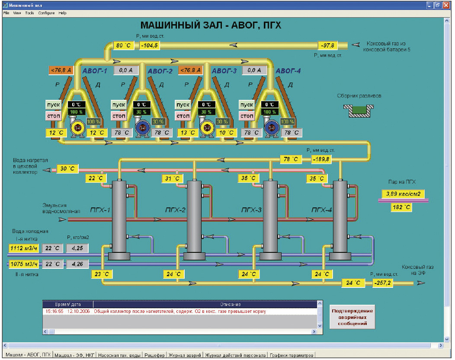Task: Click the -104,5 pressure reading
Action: pos(150,45)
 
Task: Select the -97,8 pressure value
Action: pos(327,45)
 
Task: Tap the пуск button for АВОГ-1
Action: pos(53,105)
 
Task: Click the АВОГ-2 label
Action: pos(160,71)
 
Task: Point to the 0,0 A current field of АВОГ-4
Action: pos(254,70)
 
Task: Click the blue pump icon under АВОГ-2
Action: pos(142,127)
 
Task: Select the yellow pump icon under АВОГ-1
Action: pos(77,127)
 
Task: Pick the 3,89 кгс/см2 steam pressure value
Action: pos(403,194)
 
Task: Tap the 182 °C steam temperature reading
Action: pos(401,207)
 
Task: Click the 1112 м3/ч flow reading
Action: pos(24,248)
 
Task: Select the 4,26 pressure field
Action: pos(77,264)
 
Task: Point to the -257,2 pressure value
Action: pos(382,283)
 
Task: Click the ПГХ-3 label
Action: pos(252,210)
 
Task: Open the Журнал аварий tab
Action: pos(185,355)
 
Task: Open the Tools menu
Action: pos(29,13)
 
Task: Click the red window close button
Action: pos(446,5)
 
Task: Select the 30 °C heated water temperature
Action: pos(67,169)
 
